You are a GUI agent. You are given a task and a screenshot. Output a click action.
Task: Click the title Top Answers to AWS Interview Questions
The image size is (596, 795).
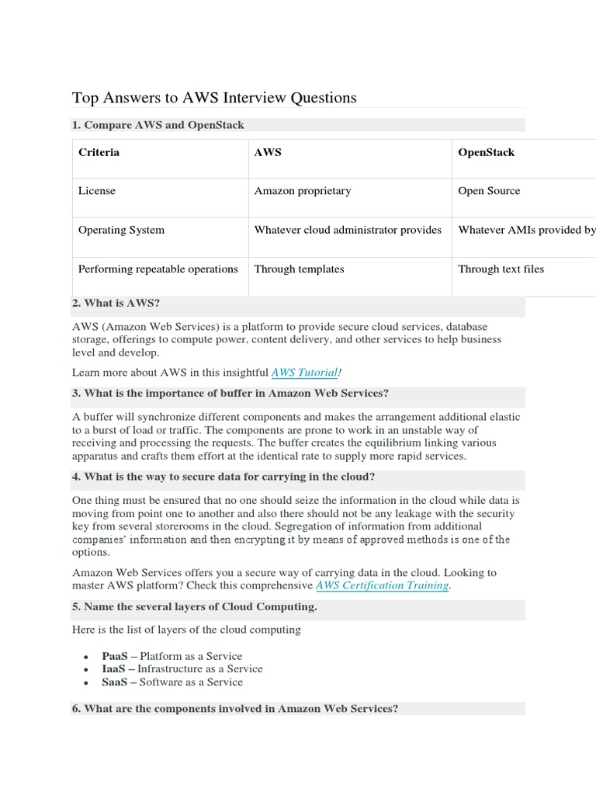click(x=214, y=98)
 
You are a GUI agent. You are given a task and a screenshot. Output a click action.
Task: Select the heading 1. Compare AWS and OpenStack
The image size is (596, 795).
click(x=158, y=125)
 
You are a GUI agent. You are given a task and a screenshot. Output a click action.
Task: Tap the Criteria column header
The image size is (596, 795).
click(x=99, y=152)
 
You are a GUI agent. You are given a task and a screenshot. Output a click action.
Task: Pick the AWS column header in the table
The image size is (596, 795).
click(x=268, y=152)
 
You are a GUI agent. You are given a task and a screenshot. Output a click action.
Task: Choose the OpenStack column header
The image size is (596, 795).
click(x=486, y=152)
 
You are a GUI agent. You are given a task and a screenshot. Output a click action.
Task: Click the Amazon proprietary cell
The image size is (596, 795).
click(x=303, y=191)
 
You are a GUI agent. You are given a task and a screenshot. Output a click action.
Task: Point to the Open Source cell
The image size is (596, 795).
click(x=489, y=191)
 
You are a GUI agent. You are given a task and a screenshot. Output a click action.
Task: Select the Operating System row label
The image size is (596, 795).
click(x=121, y=230)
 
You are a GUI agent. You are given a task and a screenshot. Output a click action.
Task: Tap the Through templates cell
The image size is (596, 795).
click(x=299, y=269)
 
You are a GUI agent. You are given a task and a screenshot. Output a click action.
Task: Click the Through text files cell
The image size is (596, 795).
click(x=501, y=269)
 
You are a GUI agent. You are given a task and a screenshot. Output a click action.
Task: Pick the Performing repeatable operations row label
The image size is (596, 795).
click(x=158, y=269)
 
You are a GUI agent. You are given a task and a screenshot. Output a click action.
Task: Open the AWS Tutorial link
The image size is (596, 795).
click(x=304, y=373)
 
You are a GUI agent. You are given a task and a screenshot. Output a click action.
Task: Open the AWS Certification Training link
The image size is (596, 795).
click(x=382, y=585)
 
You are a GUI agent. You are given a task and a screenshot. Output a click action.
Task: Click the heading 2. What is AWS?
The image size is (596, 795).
click(x=116, y=303)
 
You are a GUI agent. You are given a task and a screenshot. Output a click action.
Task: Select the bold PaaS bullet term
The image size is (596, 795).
click(x=114, y=656)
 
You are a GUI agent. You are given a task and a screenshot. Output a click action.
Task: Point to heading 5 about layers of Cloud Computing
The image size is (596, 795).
click(x=194, y=606)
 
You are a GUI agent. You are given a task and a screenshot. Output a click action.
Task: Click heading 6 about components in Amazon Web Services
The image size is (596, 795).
click(x=234, y=709)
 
